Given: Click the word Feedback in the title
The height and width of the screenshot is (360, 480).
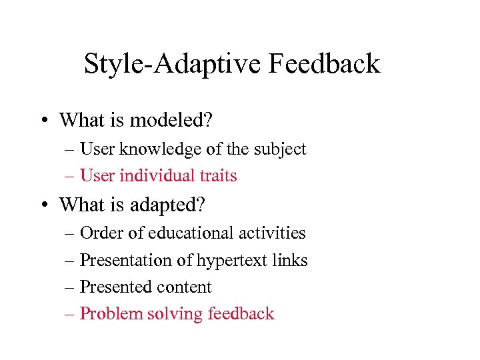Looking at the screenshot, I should click(324, 64).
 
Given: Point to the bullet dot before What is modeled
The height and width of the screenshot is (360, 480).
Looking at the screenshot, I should click(42, 121).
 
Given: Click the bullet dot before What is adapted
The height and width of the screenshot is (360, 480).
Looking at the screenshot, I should click(42, 205).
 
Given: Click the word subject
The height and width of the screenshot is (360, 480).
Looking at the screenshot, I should click(281, 149).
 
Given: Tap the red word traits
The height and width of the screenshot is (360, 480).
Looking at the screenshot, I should click(218, 176).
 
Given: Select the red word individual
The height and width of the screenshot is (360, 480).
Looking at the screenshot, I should click(157, 176).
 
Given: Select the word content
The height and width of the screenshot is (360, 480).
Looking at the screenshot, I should click(182, 287).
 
